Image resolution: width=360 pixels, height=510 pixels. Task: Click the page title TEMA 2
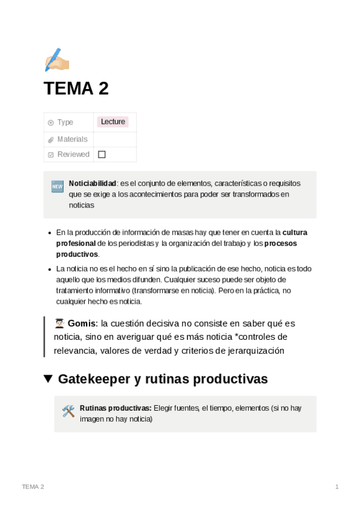(x=76, y=89)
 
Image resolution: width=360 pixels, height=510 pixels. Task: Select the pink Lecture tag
(x=113, y=122)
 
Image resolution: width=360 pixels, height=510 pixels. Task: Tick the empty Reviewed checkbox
(x=102, y=155)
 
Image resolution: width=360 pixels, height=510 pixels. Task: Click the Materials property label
(x=72, y=139)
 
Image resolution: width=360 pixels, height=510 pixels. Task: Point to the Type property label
(x=65, y=123)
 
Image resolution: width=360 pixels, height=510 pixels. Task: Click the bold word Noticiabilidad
(x=92, y=183)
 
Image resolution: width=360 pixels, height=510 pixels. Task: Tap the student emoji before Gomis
(x=59, y=324)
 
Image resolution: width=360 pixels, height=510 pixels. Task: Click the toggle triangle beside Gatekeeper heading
(x=48, y=379)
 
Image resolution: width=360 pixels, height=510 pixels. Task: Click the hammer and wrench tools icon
(x=68, y=411)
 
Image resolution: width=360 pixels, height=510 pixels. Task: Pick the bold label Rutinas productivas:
(x=115, y=408)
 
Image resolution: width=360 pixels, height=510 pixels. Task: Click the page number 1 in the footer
(x=337, y=487)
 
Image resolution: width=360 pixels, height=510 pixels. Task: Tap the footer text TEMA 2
(x=32, y=487)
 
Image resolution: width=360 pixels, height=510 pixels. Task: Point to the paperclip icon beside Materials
(x=51, y=140)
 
